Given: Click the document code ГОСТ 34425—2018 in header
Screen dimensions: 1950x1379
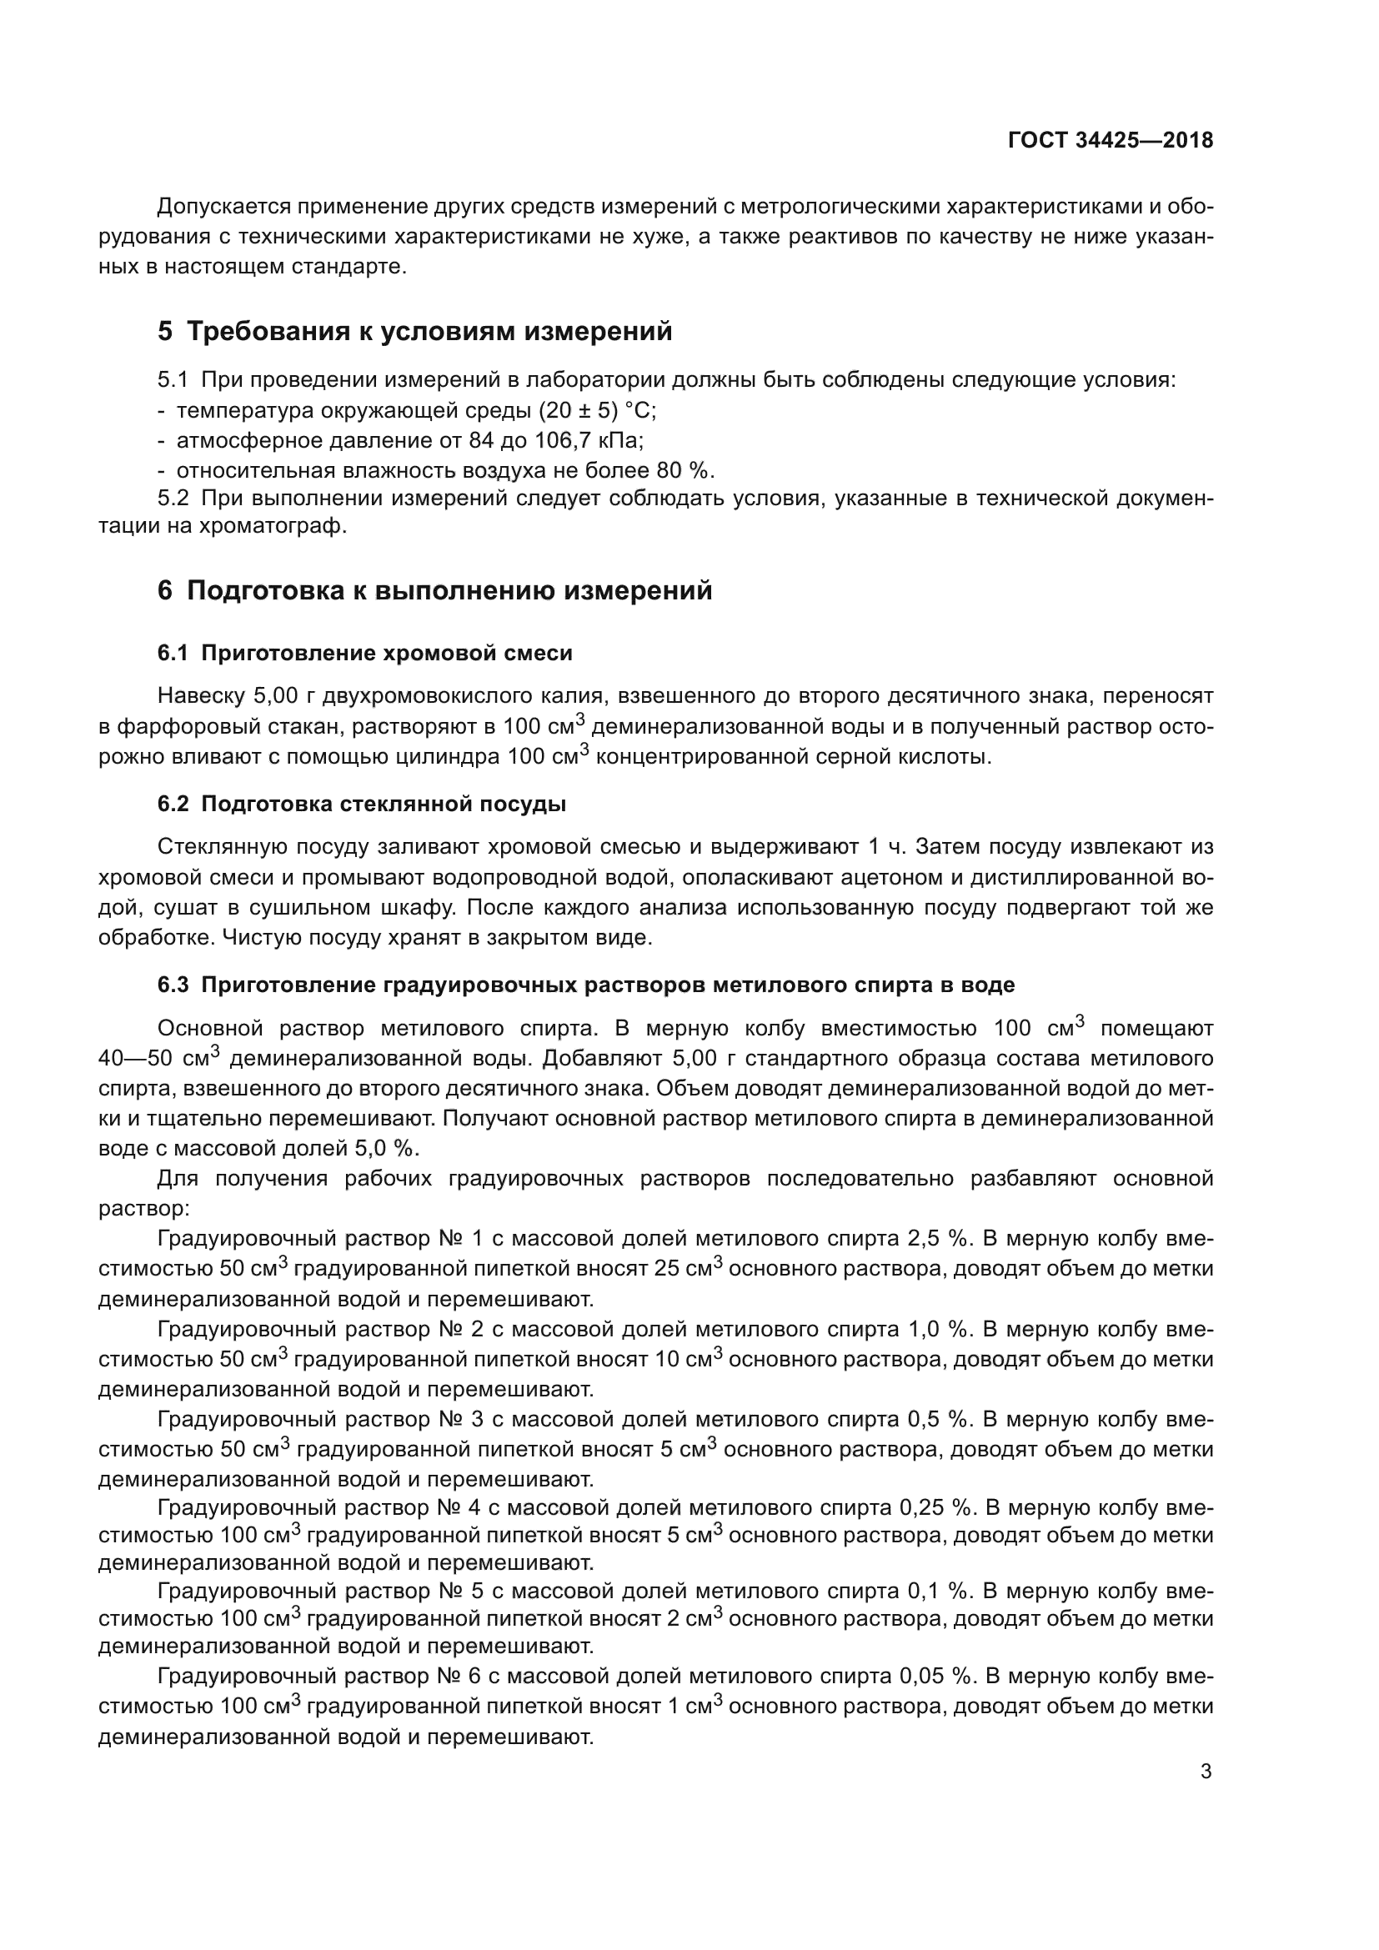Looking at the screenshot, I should pyautogui.click(x=1110, y=141).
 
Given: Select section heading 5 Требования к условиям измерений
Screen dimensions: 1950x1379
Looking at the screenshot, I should pyautogui.click(x=414, y=331).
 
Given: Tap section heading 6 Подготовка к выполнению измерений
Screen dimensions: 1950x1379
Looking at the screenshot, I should pyautogui.click(x=434, y=590).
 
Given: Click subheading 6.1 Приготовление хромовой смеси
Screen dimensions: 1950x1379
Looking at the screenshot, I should pyautogui.click(x=365, y=653).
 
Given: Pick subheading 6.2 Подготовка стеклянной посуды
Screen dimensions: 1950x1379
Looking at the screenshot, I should pyautogui.click(x=362, y=804).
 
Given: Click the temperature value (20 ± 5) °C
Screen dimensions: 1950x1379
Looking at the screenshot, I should pyautogui.click(x=597, y=410).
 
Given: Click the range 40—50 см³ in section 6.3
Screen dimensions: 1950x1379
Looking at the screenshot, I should pyautogui.click(x=158, y=1059).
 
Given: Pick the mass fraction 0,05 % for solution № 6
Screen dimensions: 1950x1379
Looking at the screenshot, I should pyautogui.click(x=935, y=1676).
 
